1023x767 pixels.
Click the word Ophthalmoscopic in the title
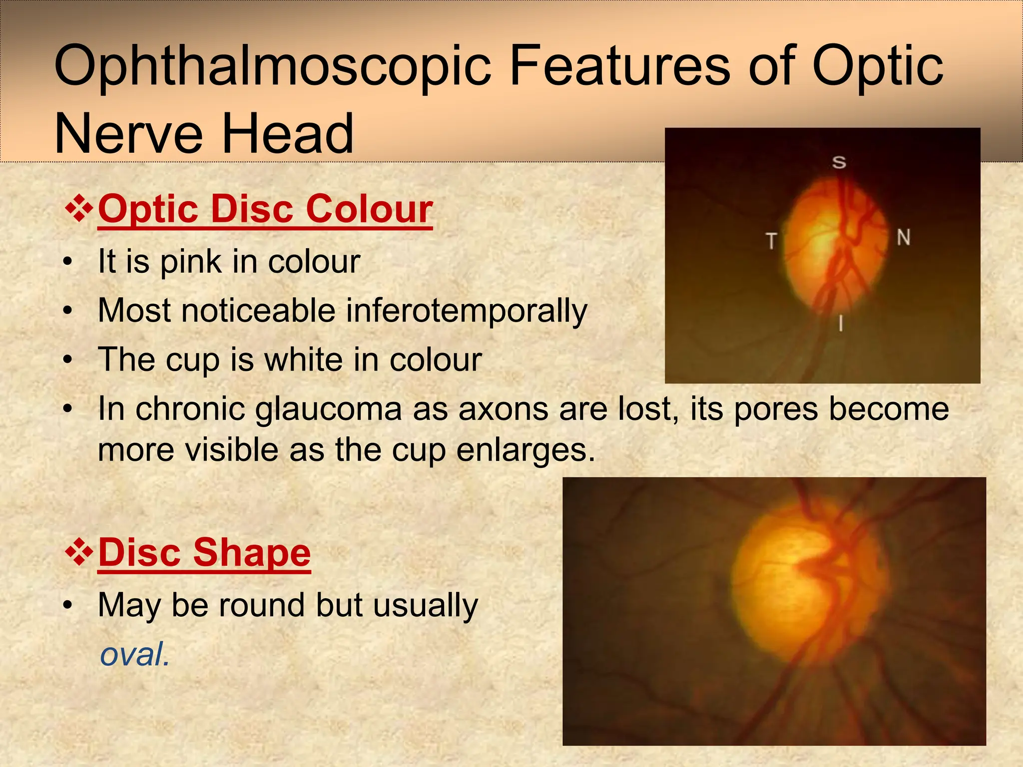click(272, 67)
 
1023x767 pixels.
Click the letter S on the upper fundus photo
click(839, 162)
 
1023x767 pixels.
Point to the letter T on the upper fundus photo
click(772, 240)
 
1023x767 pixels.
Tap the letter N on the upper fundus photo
click(903, 237)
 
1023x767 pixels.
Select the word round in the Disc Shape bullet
click(262, 605)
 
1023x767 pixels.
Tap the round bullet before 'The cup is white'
click(68, 360)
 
